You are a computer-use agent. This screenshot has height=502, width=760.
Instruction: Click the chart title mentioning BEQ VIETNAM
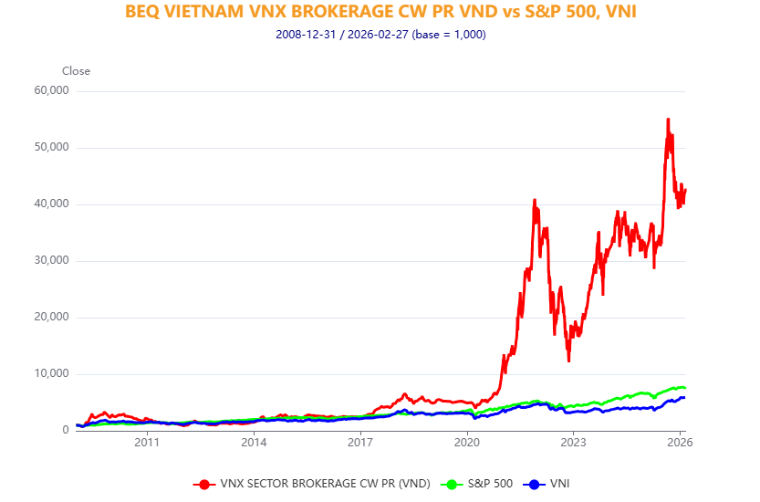pyautogui.click(x=380, y=13)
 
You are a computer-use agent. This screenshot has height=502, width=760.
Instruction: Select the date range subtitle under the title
pyautogui.click(x=380, y=35)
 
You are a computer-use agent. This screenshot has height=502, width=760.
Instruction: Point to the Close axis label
pyautogui.click(x=76, y=71)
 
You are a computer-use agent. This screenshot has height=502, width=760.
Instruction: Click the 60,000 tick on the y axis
pyautogui.click(x=50, y=90)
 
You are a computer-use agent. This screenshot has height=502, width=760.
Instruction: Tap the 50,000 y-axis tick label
pyautogui.click(x=50, y=147)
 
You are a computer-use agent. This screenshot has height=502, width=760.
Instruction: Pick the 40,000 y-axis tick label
pyautogui.click(x=50, y=204)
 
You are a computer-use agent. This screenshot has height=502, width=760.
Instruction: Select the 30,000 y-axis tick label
pyautogui.click(x=50, y=260)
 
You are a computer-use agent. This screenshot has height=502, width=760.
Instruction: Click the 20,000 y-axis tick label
pyautogui.click(x=50, y=317)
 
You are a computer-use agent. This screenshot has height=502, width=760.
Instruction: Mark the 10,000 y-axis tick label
pyautogui.click(x=50, y=373)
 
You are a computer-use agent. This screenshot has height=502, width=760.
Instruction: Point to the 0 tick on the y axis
pyautogui.click(x=64, y=430)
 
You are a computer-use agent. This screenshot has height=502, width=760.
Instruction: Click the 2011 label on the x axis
pyautogui.click(x=147, y=444)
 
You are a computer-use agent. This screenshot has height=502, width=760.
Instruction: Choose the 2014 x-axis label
pyautogui.click(x=254, y=444)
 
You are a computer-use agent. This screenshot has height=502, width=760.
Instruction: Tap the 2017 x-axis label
pyautogui.click(x=360, y=444)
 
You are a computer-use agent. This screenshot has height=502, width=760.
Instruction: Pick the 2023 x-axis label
pyautogui.click(x=573, y=444)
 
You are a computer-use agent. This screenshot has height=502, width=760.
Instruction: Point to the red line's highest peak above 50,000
pyautogui.click(x=668, y=120)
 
